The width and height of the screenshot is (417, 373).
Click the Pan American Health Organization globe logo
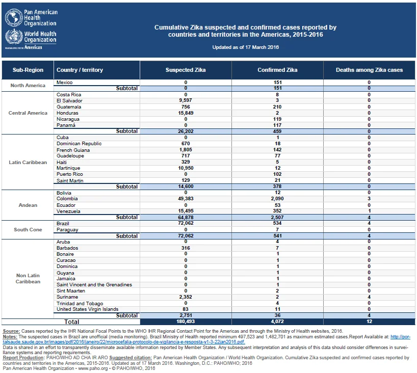(14, 17)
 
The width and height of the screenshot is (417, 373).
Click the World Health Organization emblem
(14, 37)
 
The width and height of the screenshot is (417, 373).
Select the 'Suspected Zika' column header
(186, 70)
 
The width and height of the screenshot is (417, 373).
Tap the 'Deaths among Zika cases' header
(369, 70)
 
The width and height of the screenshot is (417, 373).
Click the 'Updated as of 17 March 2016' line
(246, 47)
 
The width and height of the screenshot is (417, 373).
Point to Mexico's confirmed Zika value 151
(277, 83)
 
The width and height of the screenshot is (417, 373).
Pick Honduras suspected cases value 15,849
(186, 113)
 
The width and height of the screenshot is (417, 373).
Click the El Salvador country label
(69, 101)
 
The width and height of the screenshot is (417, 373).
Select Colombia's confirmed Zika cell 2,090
(277, 199)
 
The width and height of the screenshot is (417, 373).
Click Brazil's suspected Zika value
(186, 223)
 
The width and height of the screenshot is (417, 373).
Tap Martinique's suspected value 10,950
(186, 168)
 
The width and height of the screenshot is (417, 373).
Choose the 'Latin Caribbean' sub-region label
(28, 163)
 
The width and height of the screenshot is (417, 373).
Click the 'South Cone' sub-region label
(28, 230)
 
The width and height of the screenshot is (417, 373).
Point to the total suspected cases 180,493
(186, 322)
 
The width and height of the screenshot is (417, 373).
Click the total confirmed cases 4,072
(277, 322)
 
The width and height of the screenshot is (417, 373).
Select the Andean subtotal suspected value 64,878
(186, 218)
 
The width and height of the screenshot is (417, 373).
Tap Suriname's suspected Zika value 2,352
(186, 297)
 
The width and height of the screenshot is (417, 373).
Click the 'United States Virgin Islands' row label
(87, 309)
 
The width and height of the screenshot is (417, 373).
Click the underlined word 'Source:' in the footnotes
(11, 331)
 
